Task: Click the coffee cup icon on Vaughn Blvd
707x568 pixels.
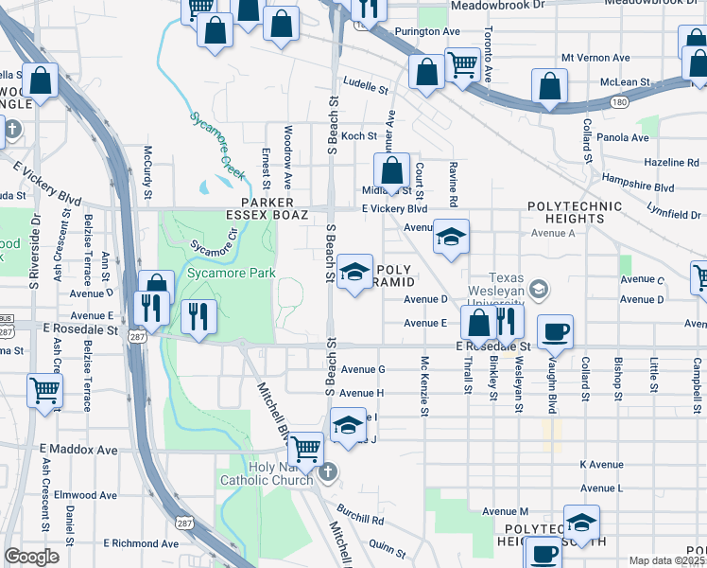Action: (x=554, y=332)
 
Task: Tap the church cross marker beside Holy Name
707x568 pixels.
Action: (x=327, y=471)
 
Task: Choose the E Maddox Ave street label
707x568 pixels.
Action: (x=78, y=449)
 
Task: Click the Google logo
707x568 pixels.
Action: (x=32, y=557)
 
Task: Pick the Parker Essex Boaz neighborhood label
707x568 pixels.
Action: (x=267, y=209)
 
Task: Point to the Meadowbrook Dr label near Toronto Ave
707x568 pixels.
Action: (x=498, y=5)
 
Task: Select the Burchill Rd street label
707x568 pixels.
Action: (x=364, y=519)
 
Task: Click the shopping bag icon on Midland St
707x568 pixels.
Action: (x=391, y=171)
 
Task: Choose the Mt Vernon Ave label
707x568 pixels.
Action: (x=595, y=58)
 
